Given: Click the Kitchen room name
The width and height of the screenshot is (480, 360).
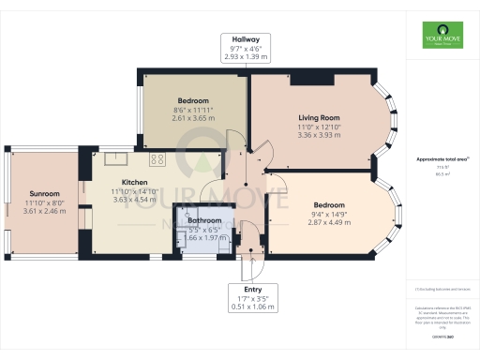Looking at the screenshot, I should coord(137,184).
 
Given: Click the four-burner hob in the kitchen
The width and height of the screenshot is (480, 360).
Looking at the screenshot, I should coord(157,157).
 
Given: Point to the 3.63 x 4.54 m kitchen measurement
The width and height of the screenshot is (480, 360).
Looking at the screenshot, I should coord(137,200).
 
